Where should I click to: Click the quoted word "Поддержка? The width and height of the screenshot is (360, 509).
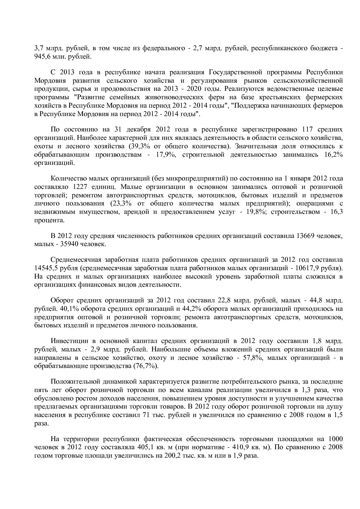point(251,106)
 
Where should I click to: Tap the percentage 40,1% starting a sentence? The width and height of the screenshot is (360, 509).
point(60,308)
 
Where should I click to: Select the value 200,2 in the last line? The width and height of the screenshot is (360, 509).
point(173,455)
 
